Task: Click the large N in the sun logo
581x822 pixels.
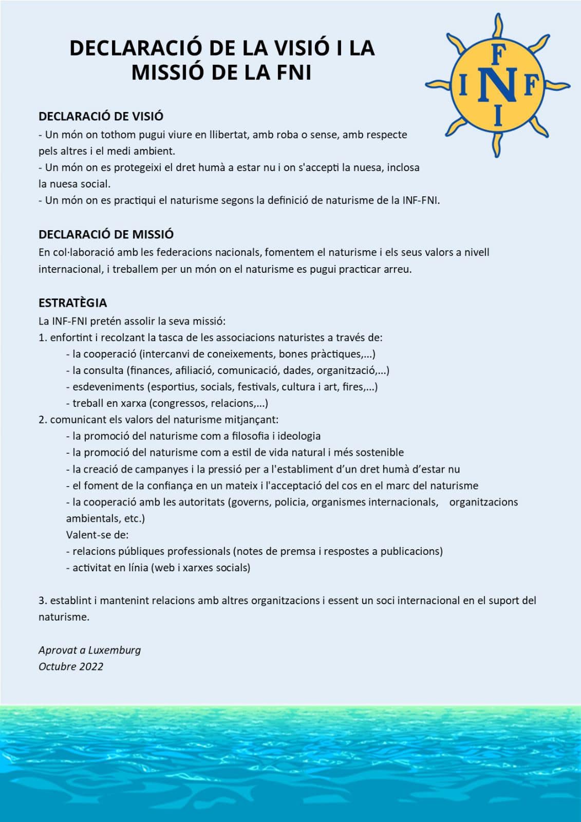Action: tap(497, 85)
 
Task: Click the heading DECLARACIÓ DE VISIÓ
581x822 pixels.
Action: tap(101, 116)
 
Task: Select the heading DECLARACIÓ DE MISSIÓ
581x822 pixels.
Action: tap(106, 234)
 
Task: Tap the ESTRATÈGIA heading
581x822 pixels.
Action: tap(72, 303)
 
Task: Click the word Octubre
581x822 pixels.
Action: tap(56, 666)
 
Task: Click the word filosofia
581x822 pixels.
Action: tap(250, 436)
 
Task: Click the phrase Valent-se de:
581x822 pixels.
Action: tap(97, 535)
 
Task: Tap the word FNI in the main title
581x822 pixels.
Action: tap(294, 72)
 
